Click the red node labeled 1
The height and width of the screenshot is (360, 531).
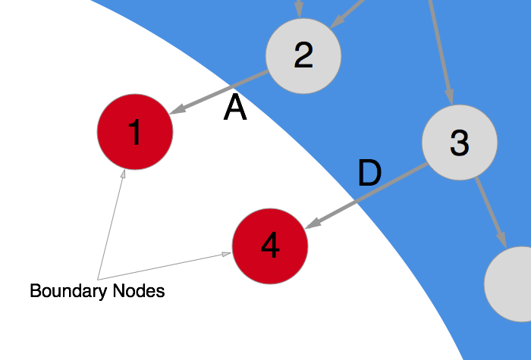[135, 132]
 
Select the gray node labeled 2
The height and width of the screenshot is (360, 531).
[303, 55]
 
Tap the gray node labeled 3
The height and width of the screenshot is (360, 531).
[460, 142]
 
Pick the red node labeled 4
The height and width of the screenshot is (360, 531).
[270, 246]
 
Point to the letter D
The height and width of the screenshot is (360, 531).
[369, 174]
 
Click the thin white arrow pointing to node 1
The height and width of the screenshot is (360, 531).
[111, 224]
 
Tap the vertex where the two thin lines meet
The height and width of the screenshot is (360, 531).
[99, 280]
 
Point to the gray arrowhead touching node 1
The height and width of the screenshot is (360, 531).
[177, 111]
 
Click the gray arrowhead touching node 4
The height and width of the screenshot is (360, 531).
[312, 224]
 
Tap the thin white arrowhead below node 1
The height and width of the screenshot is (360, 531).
[123, 175]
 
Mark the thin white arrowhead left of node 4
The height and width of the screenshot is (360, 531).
[226, 254]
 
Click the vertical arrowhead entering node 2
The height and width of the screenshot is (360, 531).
[299, 11]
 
